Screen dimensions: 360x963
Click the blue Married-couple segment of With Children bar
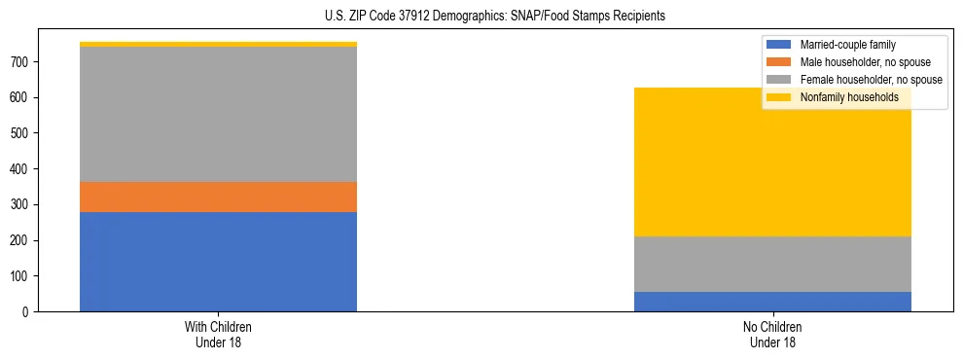tap(218, 262)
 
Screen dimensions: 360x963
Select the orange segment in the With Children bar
tap(218, 197)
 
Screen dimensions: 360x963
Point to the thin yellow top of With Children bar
tap(218, 44)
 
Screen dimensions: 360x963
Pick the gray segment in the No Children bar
tap(772, 264)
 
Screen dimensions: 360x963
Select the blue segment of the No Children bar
tap(772, 302)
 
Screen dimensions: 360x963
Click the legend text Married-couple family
tap(847, 45)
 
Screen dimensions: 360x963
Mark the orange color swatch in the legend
tap(779, 62)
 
